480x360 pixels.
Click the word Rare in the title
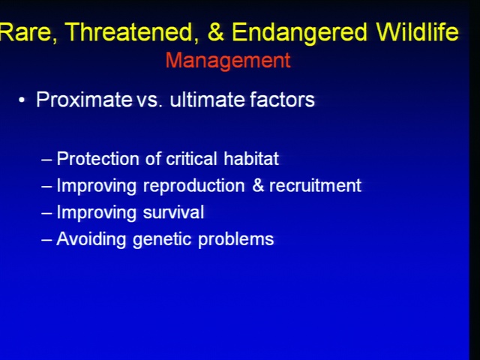[28, 32]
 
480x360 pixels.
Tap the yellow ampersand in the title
[215, 31]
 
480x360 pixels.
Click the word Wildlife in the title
[417, 31]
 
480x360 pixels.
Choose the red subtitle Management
[228, 61]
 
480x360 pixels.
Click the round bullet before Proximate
[22, 100]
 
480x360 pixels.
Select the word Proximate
[84, 99]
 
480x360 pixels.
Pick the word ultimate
[208, 99]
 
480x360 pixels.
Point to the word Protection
[98, 158]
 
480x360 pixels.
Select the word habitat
[251, 158]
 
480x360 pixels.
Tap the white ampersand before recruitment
[258, 185]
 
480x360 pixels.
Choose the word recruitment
[315, 185]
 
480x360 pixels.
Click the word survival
[173, 211]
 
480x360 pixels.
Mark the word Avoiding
[91, 239]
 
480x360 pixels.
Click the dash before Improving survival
[46, 213]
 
